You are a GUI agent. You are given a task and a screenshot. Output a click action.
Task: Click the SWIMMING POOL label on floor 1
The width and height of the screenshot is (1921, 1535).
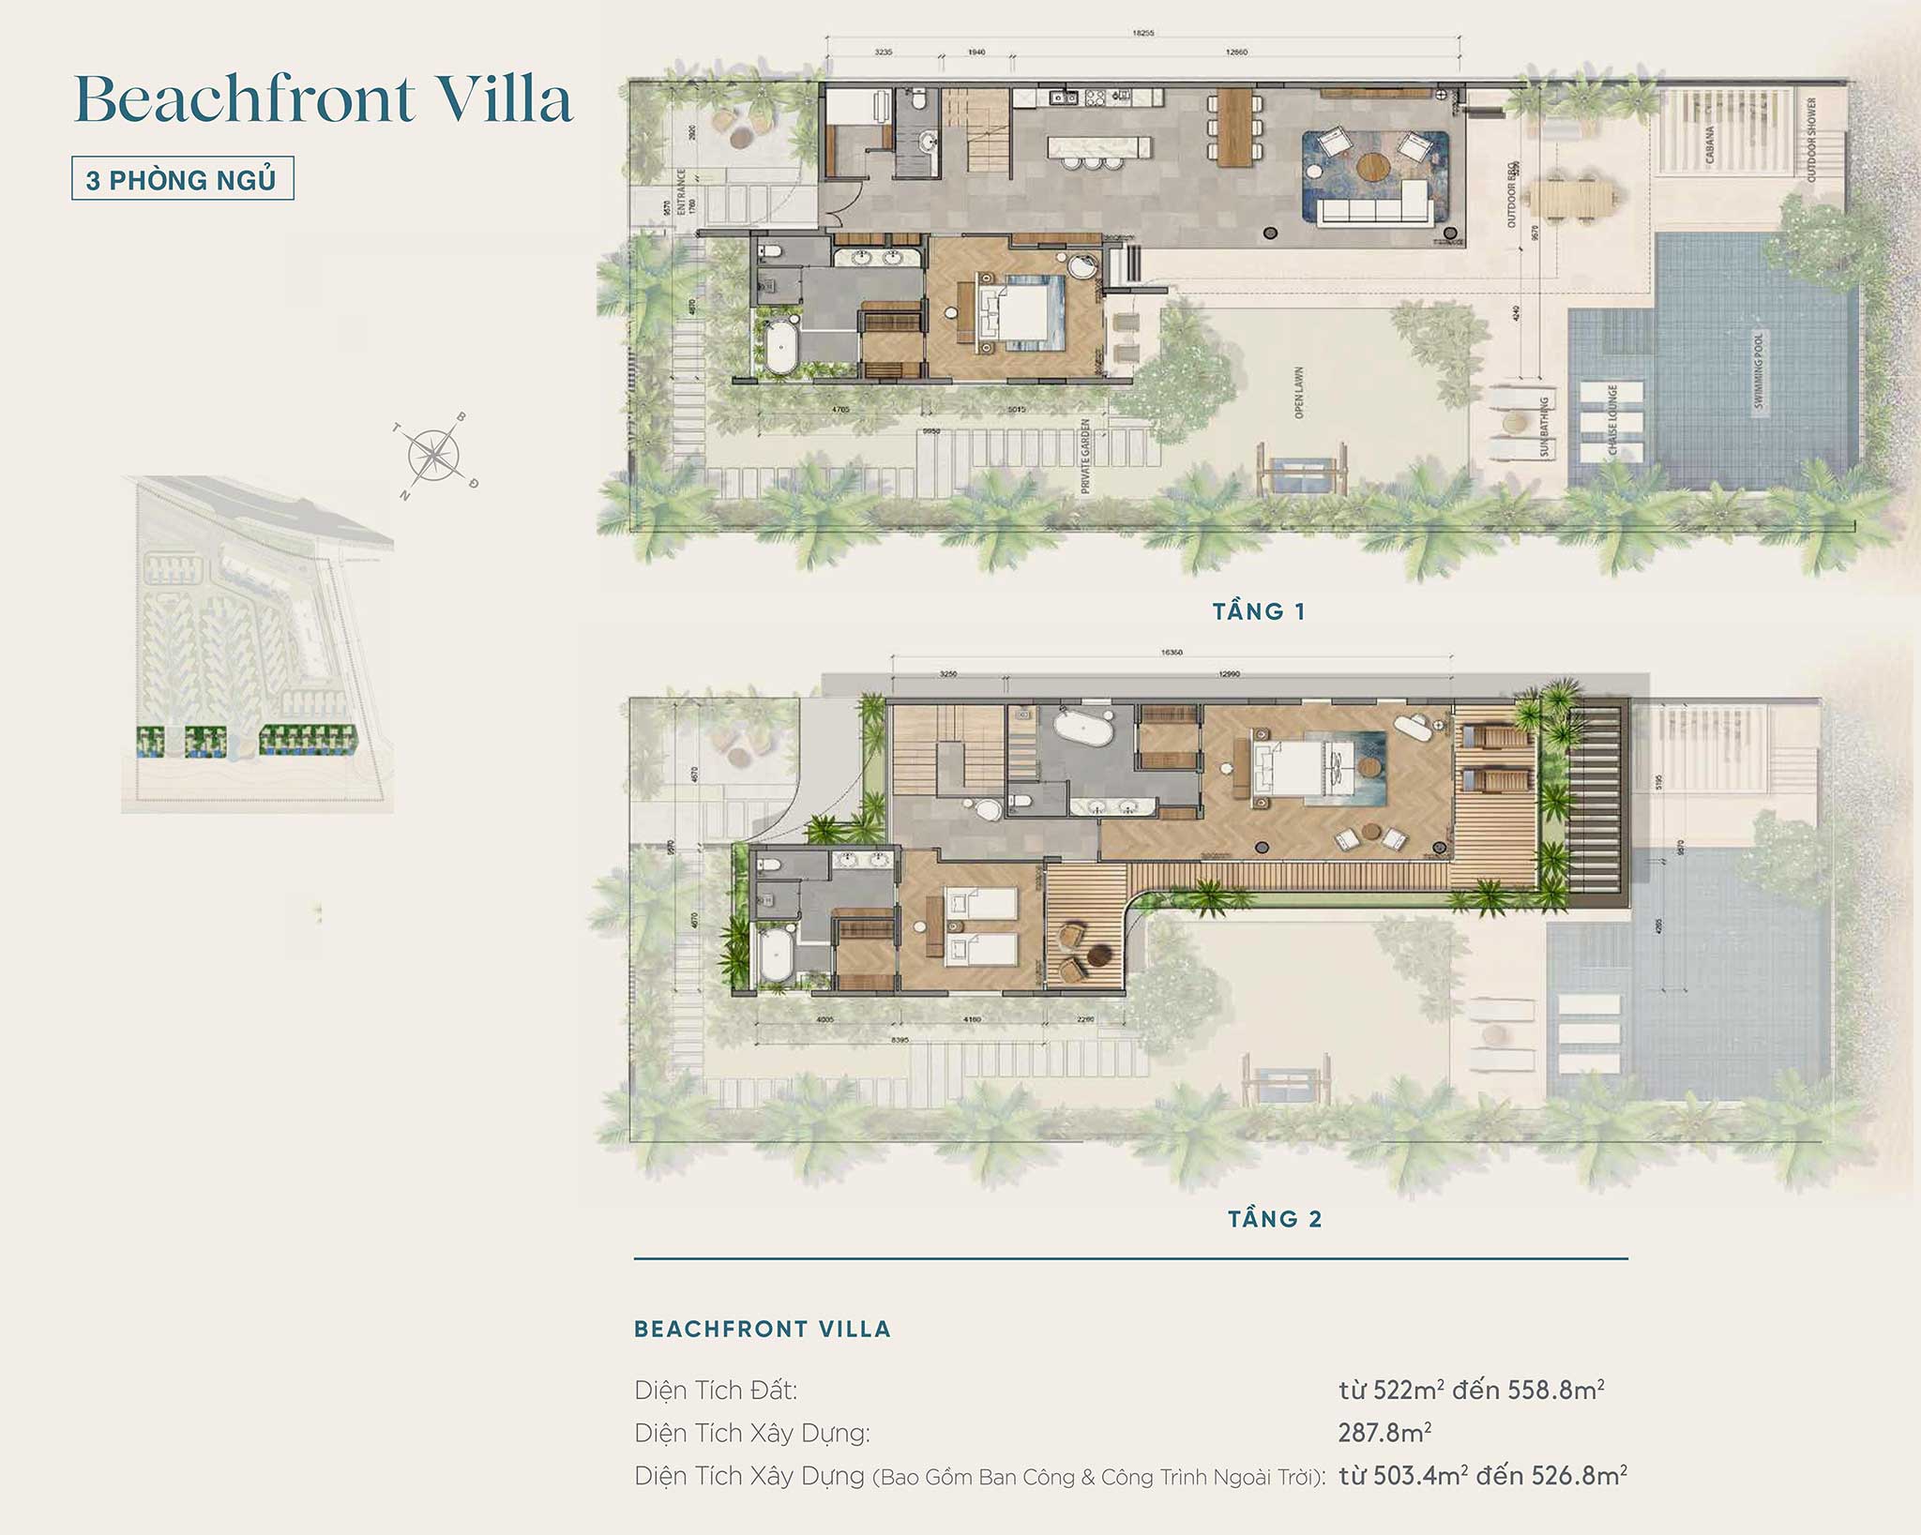(x=1758, y=370)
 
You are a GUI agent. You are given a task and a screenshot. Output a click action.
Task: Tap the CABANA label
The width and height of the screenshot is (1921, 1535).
(x=1709, y=145)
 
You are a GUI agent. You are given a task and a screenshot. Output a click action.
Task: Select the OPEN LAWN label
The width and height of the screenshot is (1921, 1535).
(x=1299, y=392)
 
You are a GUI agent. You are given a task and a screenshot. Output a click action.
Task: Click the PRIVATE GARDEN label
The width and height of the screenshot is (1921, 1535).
(x=1085, y=456)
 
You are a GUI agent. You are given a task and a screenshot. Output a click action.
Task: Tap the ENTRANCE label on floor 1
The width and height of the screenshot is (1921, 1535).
(x=681, y=198)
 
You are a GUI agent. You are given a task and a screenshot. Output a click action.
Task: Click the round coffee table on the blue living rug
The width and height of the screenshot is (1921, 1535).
(x=1373, y=170)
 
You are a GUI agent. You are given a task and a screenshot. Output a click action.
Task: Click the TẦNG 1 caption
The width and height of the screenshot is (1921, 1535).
(x=1259, y=612)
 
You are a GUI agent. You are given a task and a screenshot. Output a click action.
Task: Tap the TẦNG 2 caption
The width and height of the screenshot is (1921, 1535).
(x=1275, y=1219)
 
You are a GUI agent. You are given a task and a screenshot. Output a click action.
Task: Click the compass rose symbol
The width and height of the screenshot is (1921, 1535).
(x=434, y=455)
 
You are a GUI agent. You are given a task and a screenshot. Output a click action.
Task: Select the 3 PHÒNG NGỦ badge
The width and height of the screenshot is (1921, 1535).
(x=183, y=179)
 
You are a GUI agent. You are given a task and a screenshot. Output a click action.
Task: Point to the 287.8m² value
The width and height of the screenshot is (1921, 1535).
(x=1384, y=1432)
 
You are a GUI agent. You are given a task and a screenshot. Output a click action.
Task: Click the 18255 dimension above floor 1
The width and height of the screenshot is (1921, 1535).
(x=1142, y=33)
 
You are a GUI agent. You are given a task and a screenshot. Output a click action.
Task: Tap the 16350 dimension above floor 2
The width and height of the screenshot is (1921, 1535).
(x=1172, y=652)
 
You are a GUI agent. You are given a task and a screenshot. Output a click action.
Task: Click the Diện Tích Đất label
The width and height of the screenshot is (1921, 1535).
(x=716, y=1390)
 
